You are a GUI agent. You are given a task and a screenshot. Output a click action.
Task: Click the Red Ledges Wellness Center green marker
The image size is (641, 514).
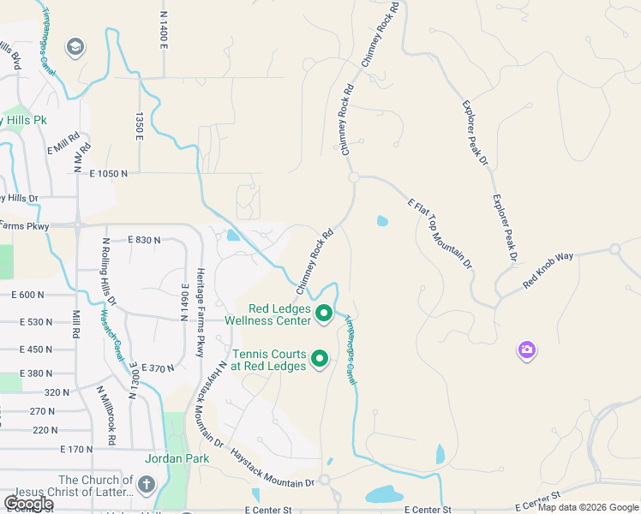click(324, 314)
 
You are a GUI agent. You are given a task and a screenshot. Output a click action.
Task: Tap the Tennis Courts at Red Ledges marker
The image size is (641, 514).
click(320, 359)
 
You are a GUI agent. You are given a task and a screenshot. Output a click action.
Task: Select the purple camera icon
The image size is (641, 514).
click(526, 350)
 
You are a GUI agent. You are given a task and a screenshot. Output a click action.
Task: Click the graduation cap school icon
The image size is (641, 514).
click(75, 46)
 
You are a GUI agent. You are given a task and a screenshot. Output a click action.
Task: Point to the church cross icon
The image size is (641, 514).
click(146, 486)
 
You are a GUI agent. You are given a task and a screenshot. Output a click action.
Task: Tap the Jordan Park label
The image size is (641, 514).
click(177, 458)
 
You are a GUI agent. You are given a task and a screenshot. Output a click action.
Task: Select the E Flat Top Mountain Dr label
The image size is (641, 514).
click(440, 233)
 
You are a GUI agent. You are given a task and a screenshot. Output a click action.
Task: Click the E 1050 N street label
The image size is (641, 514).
click(108, 173)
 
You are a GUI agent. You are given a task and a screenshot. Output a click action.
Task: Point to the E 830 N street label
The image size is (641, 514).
click(144, 240)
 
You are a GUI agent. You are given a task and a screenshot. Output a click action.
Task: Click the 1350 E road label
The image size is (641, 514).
click(138, 127)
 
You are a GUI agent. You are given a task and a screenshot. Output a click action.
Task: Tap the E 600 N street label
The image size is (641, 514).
click(27, 295)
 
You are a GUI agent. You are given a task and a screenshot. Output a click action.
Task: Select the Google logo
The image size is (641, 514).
click(29, 504)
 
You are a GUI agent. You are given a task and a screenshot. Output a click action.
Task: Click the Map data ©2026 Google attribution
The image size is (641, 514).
click(588, 507)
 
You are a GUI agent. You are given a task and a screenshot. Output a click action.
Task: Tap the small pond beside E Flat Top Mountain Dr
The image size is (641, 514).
click(381, 221)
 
